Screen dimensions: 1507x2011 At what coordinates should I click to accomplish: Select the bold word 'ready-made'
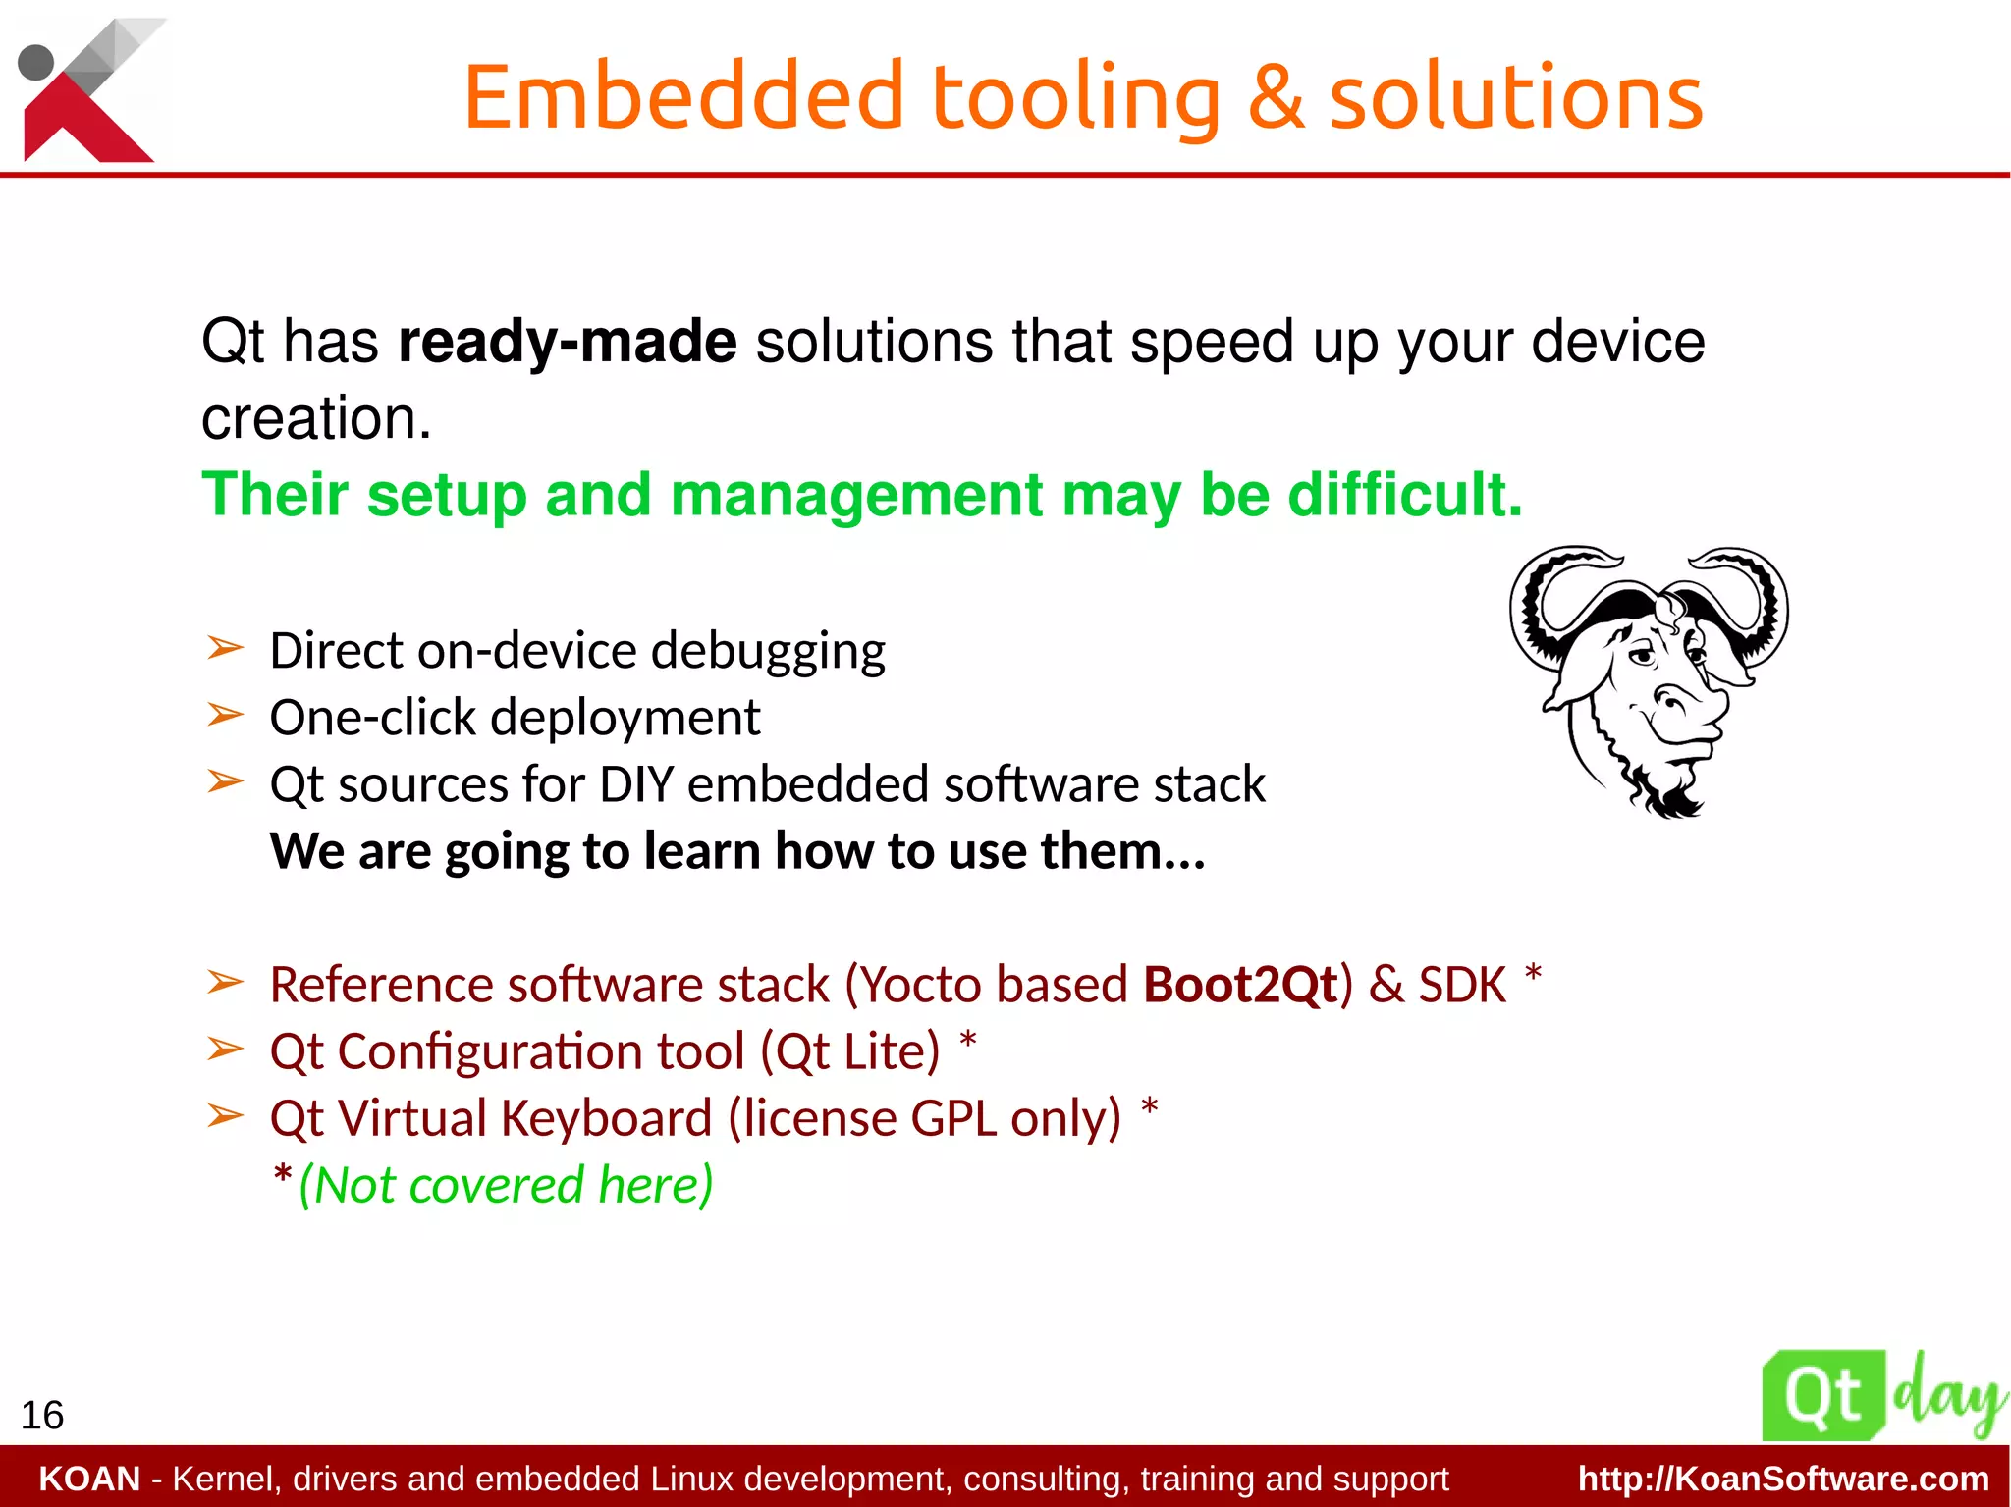pos(567,342)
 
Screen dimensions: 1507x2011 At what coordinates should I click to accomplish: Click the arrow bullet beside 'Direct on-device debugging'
pos(225,648)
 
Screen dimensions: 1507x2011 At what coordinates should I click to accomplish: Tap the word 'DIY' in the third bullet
pos(636,784)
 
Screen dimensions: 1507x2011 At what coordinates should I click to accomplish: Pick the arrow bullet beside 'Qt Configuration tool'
pos(225,1050)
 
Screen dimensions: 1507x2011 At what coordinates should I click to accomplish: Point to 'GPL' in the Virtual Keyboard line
pos(953,1118)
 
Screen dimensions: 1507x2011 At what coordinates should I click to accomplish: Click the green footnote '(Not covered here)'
pos(506,1185)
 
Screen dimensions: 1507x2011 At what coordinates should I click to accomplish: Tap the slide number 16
pos(42,1415)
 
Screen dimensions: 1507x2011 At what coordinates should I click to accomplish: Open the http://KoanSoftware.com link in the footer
pos(1783,1479)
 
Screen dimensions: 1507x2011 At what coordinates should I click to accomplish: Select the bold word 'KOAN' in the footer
pos(89,1479)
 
